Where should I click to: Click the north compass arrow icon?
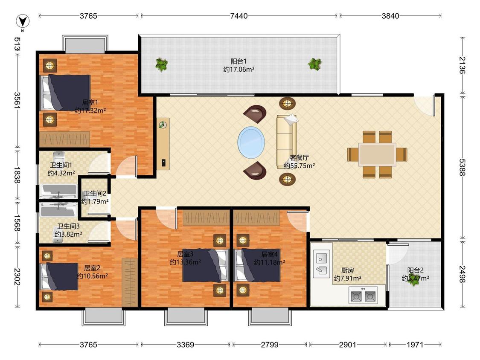[x=23, y=21]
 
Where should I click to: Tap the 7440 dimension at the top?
[x=239, y=16]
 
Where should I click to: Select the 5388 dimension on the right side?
[x=462, y=168]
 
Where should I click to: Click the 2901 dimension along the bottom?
[x=347, y=345]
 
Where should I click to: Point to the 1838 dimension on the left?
[x=17, y=175]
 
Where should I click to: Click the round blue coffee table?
[x=251, y=142]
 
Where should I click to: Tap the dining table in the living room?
[x=377, y=154]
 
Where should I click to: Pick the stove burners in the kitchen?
[x=363, y=295]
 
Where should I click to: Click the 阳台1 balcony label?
[x=239, y=61]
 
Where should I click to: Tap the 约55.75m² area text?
[x=300, y=165]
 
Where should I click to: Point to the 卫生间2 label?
[x=95, y=194]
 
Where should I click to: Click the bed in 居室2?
[x=59, y=276]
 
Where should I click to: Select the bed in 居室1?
[x=66, y=93]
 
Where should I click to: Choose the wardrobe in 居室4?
[x=256, y=218]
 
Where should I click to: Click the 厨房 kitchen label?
[x=347, y=270]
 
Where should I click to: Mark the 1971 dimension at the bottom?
[x=415, y=345]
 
